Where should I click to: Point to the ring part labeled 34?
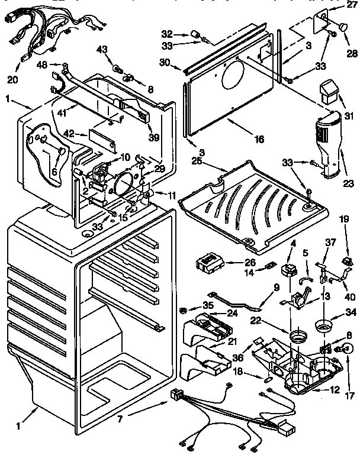click(x=324, y=325)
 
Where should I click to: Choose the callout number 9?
click(x=275, y=289)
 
